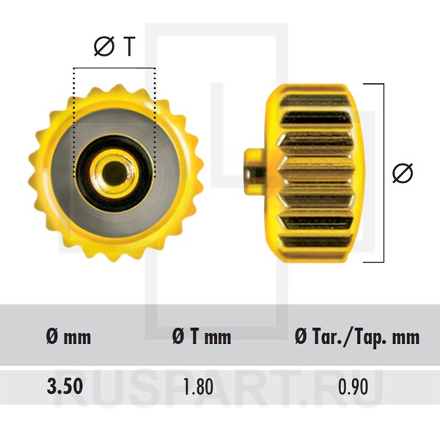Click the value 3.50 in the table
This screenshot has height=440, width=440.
coord(65,386)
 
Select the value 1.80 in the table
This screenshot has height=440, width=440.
coord(198,386)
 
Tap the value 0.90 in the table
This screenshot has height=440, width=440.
coord(353,386)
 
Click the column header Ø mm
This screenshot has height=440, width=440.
coord(69,337)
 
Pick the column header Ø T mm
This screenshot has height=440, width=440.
coord(202,337)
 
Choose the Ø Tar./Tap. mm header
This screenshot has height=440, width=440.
coord(357,337)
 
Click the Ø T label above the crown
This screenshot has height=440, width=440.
coord(114,46)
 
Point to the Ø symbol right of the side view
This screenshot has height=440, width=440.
coord(403,173)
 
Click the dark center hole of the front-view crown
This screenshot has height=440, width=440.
coord(114,173)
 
